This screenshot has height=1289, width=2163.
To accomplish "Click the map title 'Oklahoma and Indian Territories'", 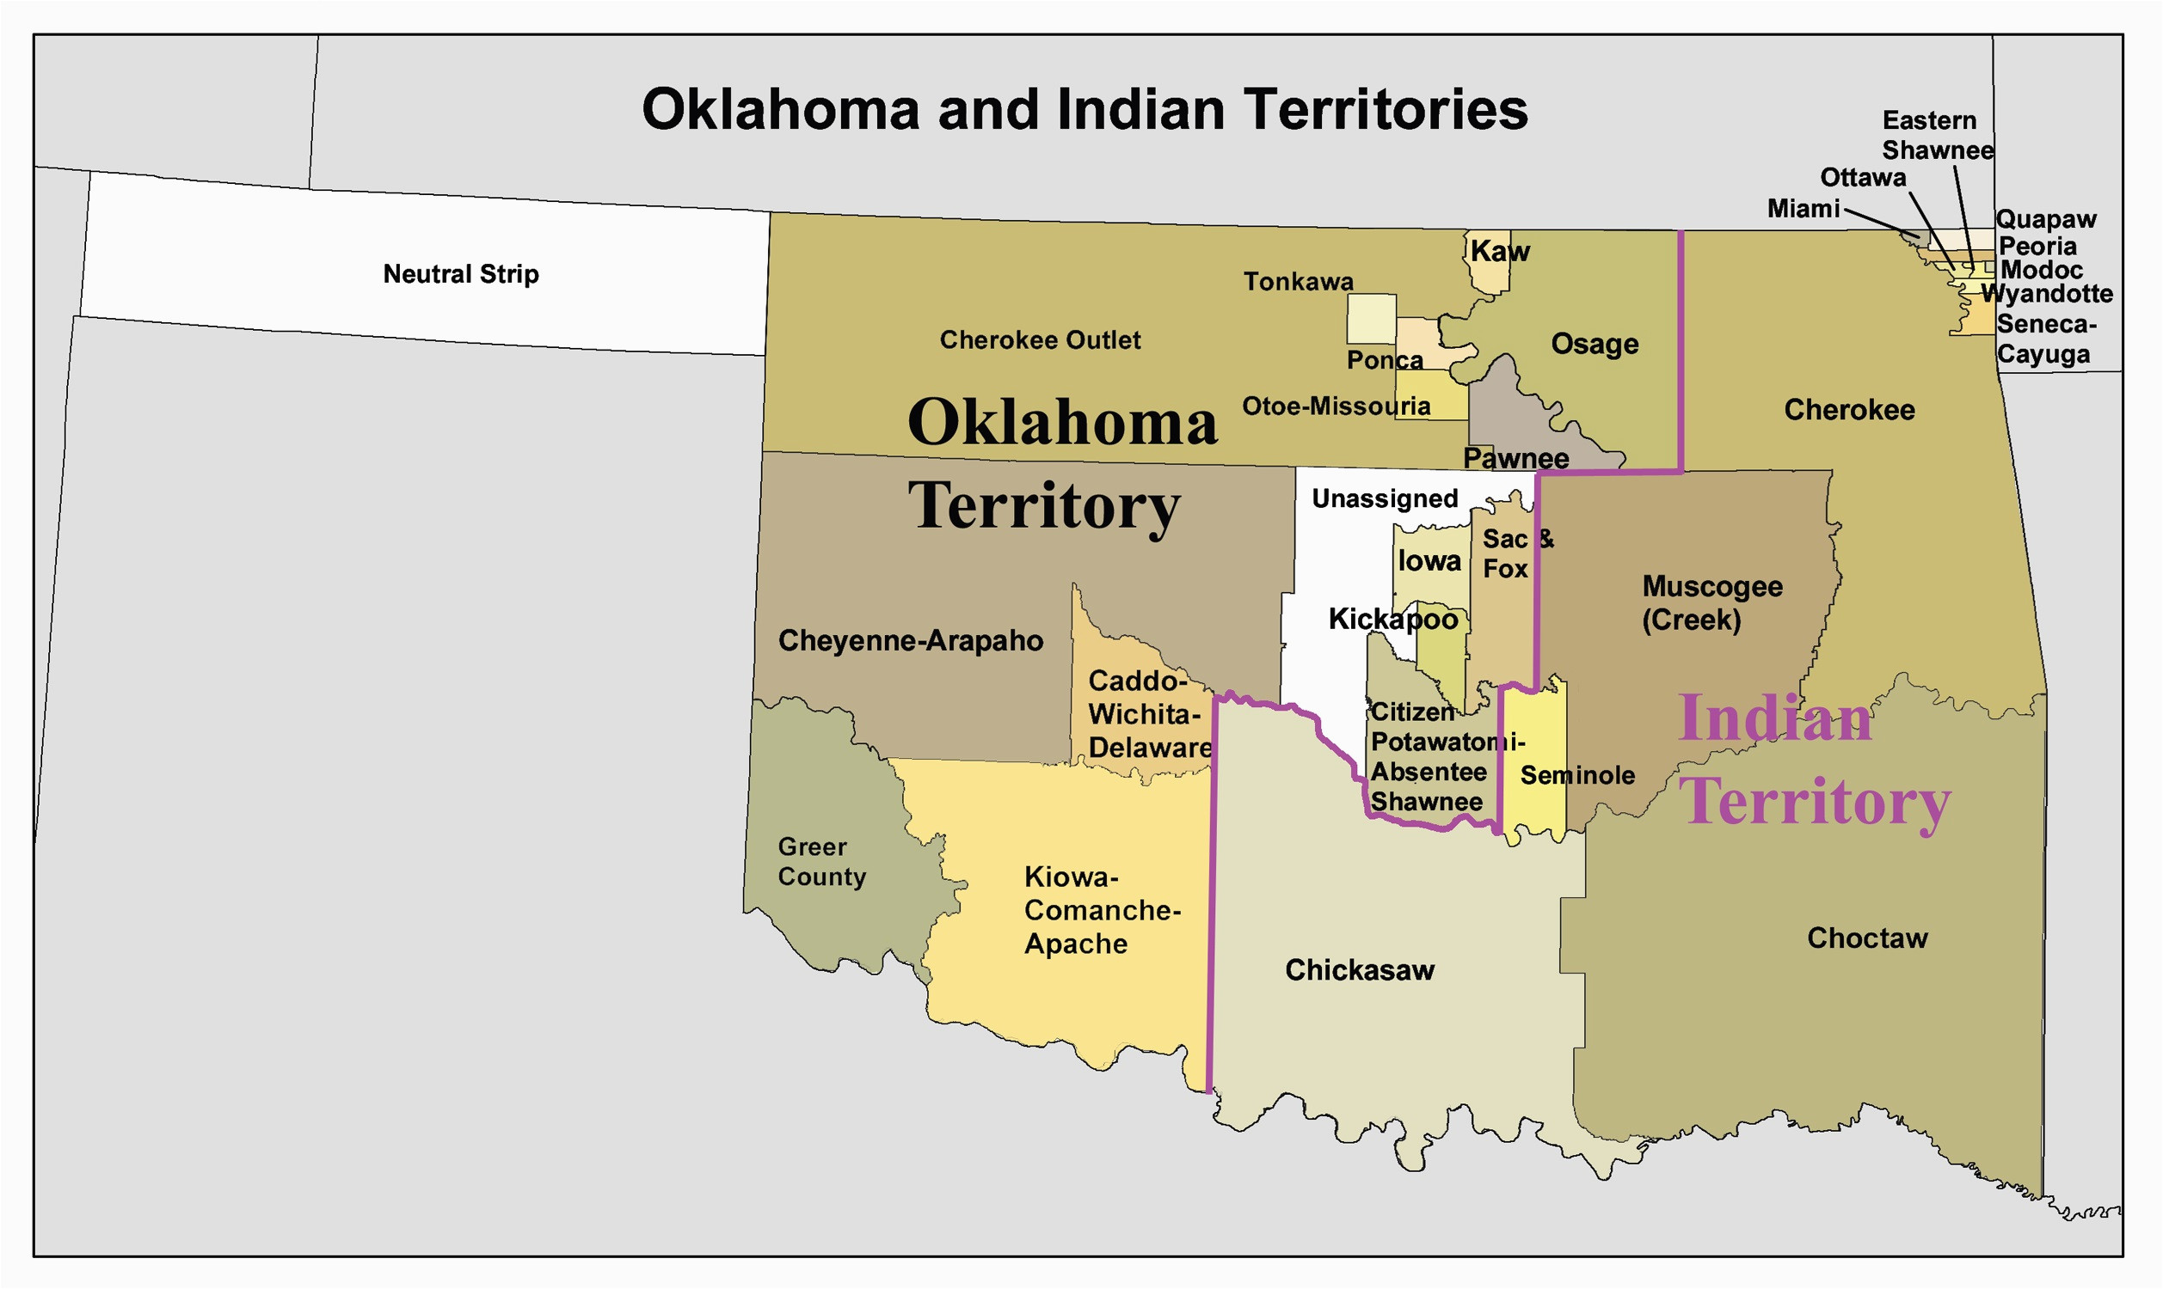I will [x=1084, y=109].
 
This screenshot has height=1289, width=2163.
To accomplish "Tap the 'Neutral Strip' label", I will [x=461, y=274].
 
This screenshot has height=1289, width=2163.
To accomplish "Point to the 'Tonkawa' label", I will [x=1298, y=281].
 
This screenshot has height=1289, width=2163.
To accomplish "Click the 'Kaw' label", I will [x=1499, y=252].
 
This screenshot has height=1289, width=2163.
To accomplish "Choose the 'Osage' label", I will [x=1594, y=344].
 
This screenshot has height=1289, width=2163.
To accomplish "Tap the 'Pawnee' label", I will [x=1515, y=458].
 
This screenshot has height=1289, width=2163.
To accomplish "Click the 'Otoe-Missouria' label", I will [x=1336, y=406].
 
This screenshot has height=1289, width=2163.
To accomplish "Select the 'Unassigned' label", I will [x=1385, y=498].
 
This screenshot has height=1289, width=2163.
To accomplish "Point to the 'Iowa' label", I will [x=1429, y=561].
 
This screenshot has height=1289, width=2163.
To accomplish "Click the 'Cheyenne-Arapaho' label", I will [x=910, y=641].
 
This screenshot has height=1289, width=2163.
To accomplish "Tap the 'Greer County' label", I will [x=821, y=862].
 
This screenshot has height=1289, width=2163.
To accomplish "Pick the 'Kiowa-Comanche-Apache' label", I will [x=1101, y=910].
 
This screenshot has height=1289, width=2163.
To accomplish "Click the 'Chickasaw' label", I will [x=1359, y=970].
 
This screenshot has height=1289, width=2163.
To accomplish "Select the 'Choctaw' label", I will [x=1866, y=938].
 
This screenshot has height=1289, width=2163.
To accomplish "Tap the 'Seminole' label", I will [x=1576, y=775].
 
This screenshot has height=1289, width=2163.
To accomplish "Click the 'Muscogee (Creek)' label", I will [x=1711, y=602].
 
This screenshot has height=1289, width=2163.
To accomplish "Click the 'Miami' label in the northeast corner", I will [x=1804, y=210].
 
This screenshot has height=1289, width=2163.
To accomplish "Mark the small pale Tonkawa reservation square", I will [x=1371, y=319].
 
